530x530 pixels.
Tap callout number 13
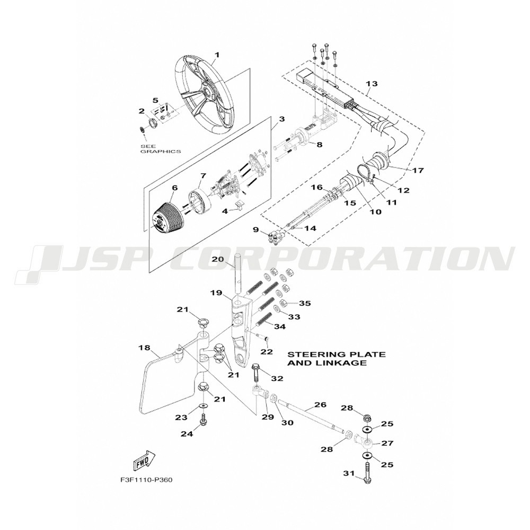[x=372, y=84]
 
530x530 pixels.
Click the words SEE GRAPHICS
[x=160, y=149]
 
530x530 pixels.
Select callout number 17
[x=418, y=170]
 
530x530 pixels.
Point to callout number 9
[x=255, y=230]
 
